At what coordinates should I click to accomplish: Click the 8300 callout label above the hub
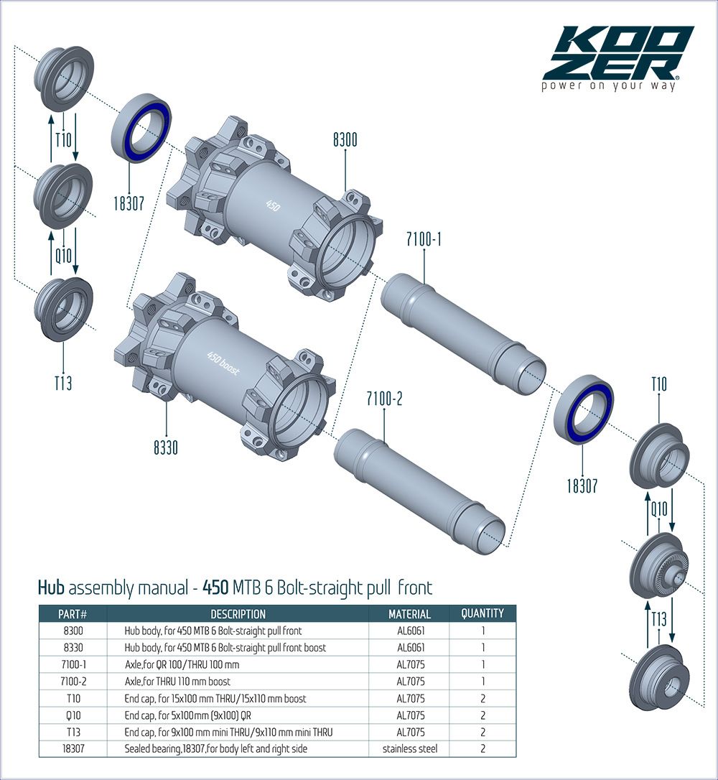tap(345, 140)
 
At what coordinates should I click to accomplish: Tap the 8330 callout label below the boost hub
tap(166, 447)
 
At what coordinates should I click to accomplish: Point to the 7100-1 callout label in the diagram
tap(424, 239)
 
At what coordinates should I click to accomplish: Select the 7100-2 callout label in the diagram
tap(384, 399)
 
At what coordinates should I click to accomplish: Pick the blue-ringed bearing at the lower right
tap(584, 409)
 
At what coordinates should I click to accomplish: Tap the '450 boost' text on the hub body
tap(223, 363)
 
